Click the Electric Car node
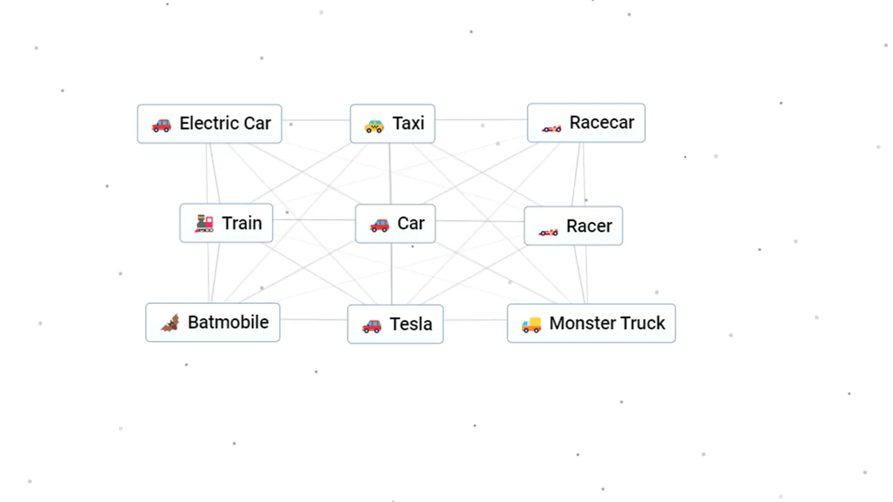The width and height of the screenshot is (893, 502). [x=209, y=123]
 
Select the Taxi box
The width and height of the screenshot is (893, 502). [x=392, y=123]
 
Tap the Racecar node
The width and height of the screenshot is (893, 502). [x=586, y=123]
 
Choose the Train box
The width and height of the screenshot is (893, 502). [x=226, y=223]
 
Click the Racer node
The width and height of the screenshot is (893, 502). [x=573, y=226]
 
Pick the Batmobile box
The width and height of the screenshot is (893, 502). [x=213, y=322]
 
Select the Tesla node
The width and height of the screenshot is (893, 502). [x=395, y=324]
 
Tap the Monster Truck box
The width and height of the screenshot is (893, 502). [x=591, y=323]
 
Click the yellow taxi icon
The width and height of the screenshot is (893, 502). [x=374, y=126]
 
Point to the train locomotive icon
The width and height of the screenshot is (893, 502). [x=204, y=224]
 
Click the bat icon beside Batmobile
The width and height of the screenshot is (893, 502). [x=170, y=323]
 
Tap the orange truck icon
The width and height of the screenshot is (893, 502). [x=532, y=325]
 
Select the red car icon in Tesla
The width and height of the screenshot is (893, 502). [x=372, y=326]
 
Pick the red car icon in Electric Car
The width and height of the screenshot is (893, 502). [x=161, y=125]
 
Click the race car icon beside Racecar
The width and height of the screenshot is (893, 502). [x=551, y=128]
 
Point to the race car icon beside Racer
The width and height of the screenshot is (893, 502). [x=548, y=231]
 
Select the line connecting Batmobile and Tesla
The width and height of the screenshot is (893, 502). [x=314, y=319]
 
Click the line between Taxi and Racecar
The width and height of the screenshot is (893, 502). [x=481, y=119]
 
